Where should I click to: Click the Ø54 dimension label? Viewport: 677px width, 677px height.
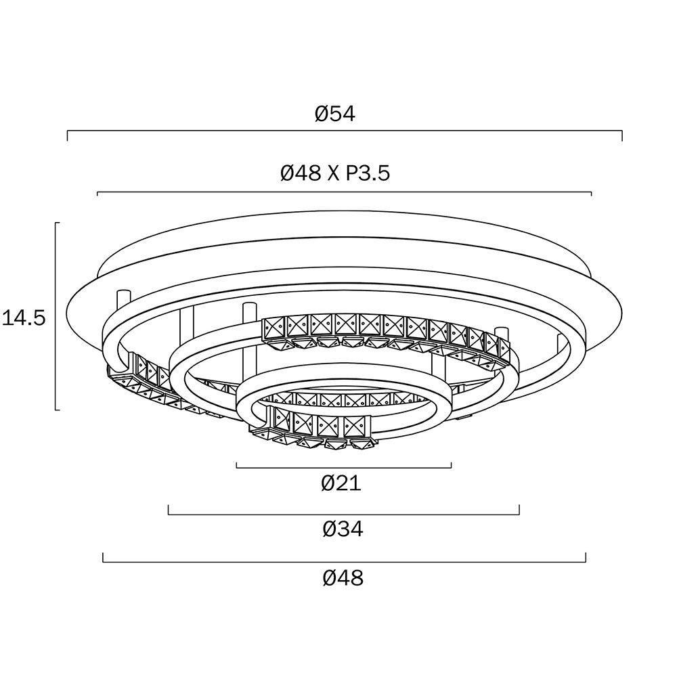tap(335, 114)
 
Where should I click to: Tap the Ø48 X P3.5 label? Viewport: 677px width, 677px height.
tap(335, 173)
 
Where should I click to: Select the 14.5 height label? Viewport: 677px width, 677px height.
tap(24, 318)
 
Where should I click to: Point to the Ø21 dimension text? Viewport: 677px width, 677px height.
tap(341, 483)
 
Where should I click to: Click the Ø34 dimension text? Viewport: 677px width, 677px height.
tap(343, 529)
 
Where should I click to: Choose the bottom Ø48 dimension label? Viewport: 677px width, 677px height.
tap(343, 577)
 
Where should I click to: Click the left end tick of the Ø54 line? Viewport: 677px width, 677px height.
tap(67, 135)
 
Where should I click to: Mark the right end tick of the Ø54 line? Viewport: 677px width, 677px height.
tap(621, 135)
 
